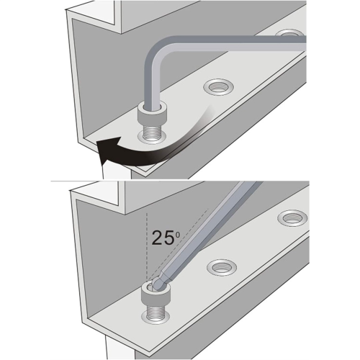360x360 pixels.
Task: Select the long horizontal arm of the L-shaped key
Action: pyautogui.click(x=235, y=43)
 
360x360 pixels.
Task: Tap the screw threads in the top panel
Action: pyautogui.click(x=151, y=133)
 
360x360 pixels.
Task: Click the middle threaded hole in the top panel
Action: pyautogui.click(x=218, y=87)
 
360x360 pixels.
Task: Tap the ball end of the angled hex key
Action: pyautogui.click(x=158, y=284)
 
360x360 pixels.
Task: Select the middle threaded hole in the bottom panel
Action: pyautogui.click(x=222, y=268)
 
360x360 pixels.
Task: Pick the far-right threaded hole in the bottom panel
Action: pyautogui.click(x=292, y=217)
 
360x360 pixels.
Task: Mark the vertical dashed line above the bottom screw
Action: pyautogui.click(x=147, y=247)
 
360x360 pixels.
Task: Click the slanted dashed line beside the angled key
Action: pyautogui.click(x=178, y=245)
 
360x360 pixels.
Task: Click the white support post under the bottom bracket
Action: pyautogui.click(x=120, y=348)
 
